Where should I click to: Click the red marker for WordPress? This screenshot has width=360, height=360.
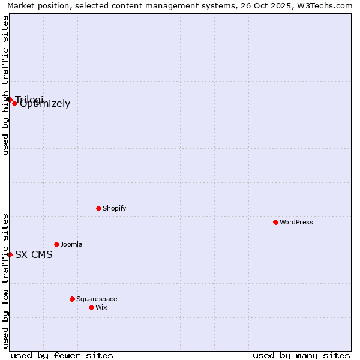click(275, 222)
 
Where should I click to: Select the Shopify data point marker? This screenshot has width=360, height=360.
click(98, 208)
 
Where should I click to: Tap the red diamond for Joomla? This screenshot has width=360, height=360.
click(56, 244)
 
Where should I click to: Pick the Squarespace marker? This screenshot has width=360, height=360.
click(72, 299)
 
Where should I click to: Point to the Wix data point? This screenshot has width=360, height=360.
click(91, 307)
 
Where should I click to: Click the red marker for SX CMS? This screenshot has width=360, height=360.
click(10, 254)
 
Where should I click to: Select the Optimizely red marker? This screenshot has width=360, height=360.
click(14, 103)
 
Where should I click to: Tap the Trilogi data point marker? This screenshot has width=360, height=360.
click(10, 100)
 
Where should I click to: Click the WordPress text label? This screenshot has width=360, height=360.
click(296, 222)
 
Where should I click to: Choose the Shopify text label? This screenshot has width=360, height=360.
click(114, 208)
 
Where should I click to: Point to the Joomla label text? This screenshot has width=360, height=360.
click(71, 244)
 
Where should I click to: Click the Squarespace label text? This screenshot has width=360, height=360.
click(97, 299)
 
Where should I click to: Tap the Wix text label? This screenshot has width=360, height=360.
click(101, 307)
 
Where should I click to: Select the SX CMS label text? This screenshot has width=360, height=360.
click(34, 254)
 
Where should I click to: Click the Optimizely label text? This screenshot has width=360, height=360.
click(46, 104)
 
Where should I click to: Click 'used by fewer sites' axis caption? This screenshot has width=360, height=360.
click(62, 355)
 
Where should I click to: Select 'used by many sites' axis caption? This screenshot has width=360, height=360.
click(301, 355)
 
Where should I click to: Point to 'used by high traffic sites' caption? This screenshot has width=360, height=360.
click(5, 85)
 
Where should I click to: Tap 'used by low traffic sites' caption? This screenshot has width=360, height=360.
click(5, 281)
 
